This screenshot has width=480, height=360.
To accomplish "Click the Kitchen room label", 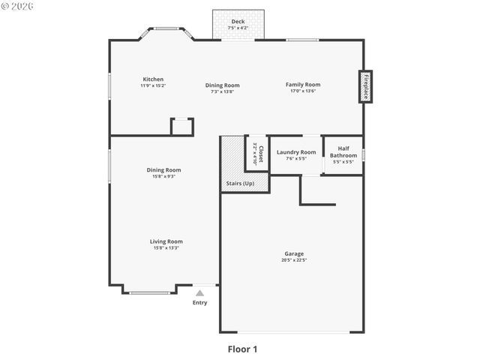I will tap(153, 79).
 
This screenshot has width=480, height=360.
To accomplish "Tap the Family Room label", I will tap(302, 85).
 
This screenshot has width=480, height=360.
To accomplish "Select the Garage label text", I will tap(293, 253).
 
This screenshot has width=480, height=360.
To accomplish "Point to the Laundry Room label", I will tap(295, 152).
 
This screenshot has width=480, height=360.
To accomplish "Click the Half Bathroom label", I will tap(343, 152).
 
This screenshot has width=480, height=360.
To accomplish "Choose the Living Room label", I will tap(166, 241).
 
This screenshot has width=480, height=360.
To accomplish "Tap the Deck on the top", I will tap(238, 24).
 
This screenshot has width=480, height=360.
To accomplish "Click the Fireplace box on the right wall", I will tap(365, 86).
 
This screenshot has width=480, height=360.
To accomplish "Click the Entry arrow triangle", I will tap(199, 293).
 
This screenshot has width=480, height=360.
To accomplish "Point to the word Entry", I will tap(199, 303).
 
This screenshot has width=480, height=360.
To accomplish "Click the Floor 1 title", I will tap(242, 349).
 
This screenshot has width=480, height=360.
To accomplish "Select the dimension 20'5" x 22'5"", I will tap(293, 260).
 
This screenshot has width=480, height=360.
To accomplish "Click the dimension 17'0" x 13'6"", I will tap(302, 91).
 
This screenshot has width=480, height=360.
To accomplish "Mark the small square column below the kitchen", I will tap(182, 126).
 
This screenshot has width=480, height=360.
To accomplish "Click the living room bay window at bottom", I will tap(150, 292).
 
